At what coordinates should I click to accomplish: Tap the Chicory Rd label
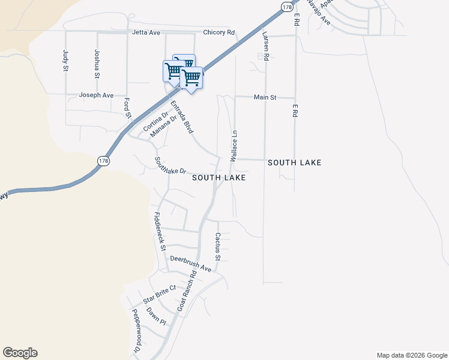coord(219,32)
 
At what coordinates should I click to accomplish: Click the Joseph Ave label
coord(97,95)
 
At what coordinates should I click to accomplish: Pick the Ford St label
coord(127,109)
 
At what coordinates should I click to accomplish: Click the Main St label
coord(265,97)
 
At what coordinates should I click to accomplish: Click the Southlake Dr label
coord(171,166)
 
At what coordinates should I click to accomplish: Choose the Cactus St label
coord(218,247)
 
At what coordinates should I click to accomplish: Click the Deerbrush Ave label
coord(191,263)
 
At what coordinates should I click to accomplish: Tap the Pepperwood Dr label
coord(136,331)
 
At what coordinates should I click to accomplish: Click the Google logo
coord(20,353)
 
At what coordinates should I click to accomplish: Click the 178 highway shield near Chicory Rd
coord(288,6)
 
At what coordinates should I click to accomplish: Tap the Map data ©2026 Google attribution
coord(412,355)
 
